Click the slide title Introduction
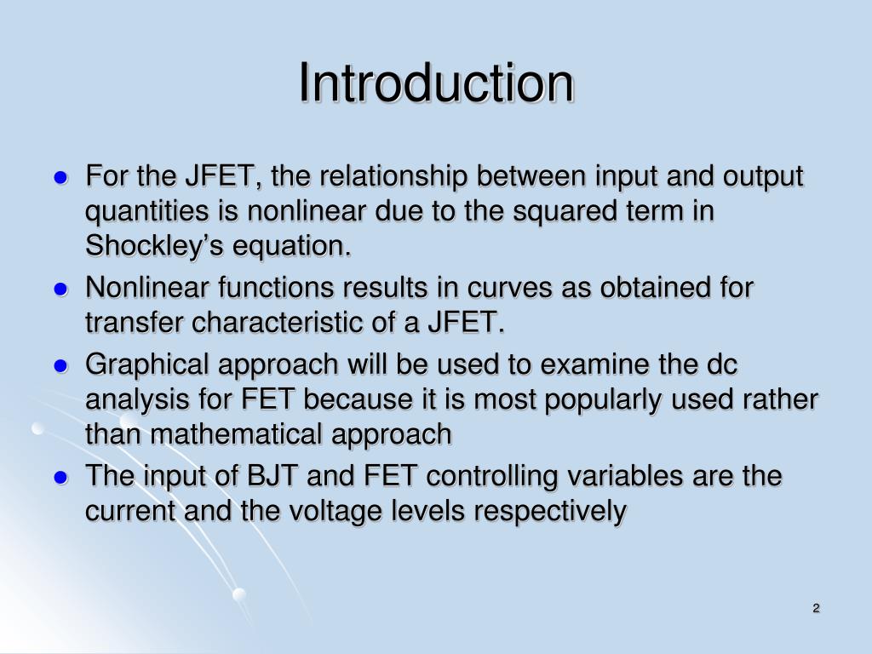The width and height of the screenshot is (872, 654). coord(436,83)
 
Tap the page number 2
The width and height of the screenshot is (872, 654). coord(816,607)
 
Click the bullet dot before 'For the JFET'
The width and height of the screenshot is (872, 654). coord(60,179)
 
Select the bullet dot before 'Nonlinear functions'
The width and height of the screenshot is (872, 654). coord(60,290)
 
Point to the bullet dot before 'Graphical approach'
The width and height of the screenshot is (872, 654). coord(60,366)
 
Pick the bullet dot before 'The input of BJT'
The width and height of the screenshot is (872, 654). coord(60,477)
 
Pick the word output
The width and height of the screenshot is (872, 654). coord(760,177)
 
